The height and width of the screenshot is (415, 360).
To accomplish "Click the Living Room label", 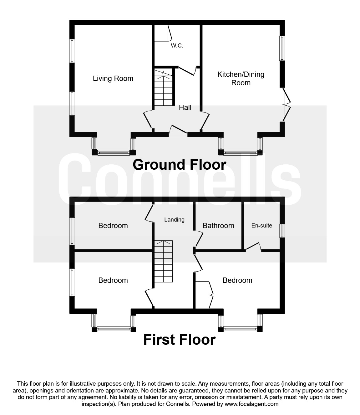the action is tap(113, 78).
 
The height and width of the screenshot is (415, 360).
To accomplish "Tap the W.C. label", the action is tap(177, 46).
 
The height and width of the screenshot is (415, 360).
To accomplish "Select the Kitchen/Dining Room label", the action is tap(241, 78).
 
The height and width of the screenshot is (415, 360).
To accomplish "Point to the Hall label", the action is tap(185, 107).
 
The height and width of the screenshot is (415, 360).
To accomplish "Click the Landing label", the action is tap(174, 220).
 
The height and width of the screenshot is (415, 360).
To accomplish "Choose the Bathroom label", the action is tap(218, 226).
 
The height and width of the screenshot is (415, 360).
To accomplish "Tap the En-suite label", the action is tap(262, 226).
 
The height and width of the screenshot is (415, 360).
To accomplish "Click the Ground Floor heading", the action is tap(180, 165).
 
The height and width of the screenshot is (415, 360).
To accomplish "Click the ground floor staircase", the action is tap(163, 87).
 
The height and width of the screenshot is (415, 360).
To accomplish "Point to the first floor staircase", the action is tap(163, 261).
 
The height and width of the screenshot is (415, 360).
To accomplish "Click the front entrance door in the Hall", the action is tap(178, 131).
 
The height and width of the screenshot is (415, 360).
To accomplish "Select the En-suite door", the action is tap(253, 247).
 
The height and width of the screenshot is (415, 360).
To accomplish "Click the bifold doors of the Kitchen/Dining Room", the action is tap(286, 105).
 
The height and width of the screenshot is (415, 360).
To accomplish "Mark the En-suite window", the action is tap(282, 231).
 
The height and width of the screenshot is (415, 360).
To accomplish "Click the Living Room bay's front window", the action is tap(114, 153).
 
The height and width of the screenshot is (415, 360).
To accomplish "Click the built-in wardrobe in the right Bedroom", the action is tap(204, 295).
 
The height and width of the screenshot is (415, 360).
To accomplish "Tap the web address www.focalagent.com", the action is tap(251, 404).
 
